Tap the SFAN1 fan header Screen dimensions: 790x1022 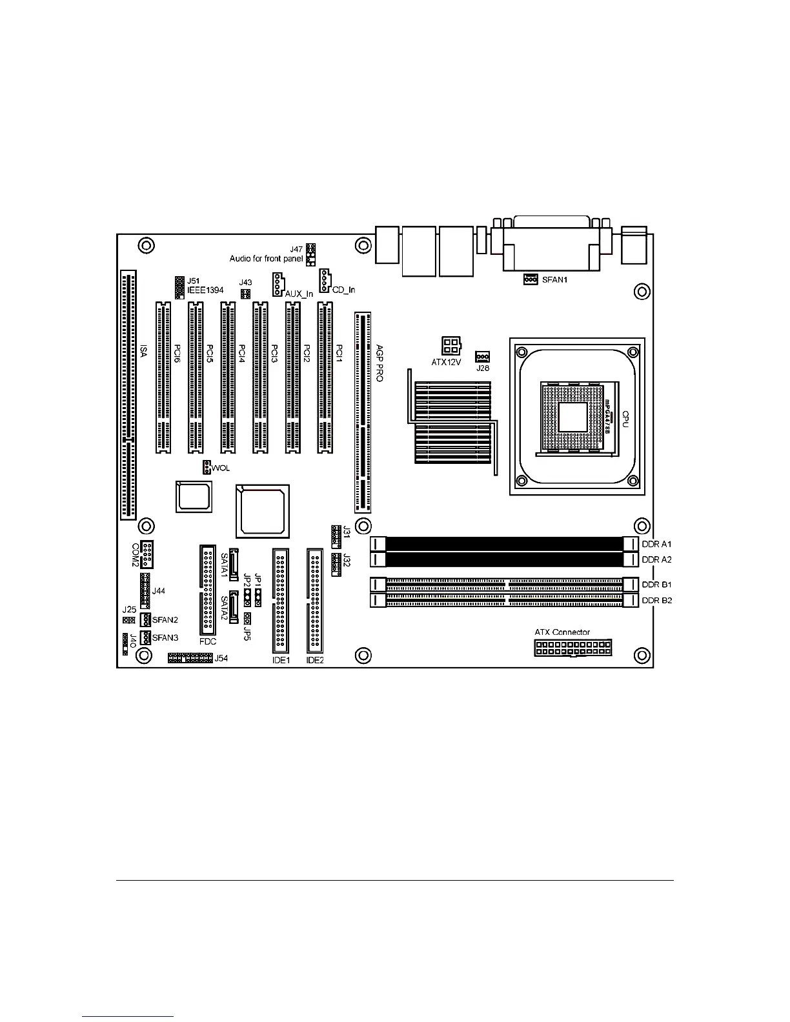pos(531,279)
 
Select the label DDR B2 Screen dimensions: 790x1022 pos(657,601)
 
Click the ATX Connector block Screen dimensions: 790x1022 pos(572,648)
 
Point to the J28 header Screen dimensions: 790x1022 pos(482,357)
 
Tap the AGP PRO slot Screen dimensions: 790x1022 pos(363,411)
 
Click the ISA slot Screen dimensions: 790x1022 pos(128,396)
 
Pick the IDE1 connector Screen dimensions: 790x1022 pos(281,601)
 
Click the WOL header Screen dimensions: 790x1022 pos(206,467)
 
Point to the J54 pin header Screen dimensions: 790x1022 pos(190,658)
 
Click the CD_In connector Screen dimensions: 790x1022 pos(324,280)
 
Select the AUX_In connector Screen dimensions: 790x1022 pos(278,284)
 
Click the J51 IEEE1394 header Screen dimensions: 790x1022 pos(180,287)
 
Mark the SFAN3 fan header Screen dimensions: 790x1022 pos(145,637)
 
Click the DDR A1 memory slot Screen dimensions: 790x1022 pos(504,544)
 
